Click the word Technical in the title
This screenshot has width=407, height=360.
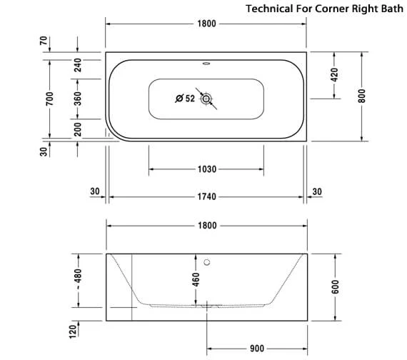pyautogui.click(x=269, y=9)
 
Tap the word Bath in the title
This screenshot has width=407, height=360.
pyautogui.click(x=392, y=9)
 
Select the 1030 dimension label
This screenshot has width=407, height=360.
pyautogui.click(x=207, y=169)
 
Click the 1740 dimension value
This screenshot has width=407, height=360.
pyautogui.click(x=207, y=196)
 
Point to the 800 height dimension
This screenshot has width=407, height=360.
pyautogui.click(x=361, y=96)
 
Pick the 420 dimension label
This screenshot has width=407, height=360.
pyautogui.click(x=334, y=75)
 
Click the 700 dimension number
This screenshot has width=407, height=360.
pyautogui.click(x=49, y=99)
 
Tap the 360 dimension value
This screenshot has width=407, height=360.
pyautogui.click(x=77, y=99)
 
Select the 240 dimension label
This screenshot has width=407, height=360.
pyautogui.click(x=77, y=65)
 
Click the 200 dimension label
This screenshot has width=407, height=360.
pyautogui.click(x=77, y=129)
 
